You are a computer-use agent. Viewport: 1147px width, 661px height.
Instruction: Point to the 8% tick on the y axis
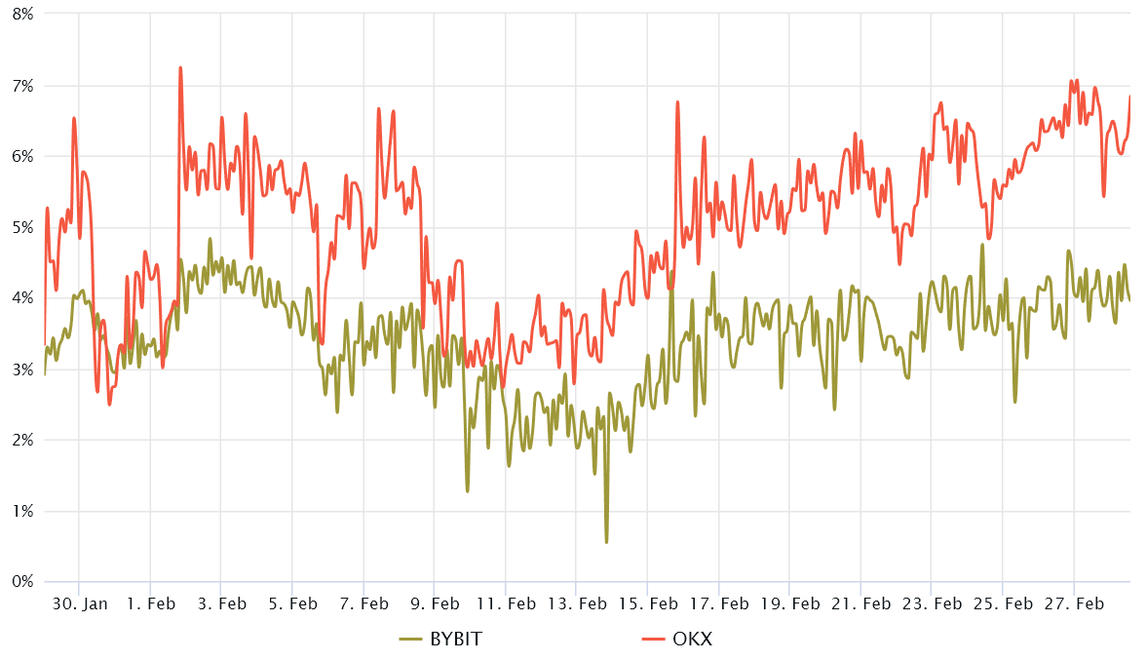tap(20, 15)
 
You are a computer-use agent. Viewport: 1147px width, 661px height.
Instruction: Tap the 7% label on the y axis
tap(20, 86)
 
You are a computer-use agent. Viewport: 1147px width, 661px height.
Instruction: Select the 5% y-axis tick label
tap(20, 227)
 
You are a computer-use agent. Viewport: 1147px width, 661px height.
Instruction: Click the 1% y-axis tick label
tap(20, 511)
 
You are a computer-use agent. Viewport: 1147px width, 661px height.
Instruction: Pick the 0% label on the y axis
tap(20, 582)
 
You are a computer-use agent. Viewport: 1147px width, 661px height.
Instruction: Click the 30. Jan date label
tap(79, 603)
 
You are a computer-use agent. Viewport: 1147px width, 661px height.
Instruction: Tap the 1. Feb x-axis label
tap(150, 603)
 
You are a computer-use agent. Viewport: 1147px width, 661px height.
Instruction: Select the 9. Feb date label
tap(435, 603)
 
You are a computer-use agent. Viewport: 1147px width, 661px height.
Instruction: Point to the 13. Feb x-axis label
tap(577, 603)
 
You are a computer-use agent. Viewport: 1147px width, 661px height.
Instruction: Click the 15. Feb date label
tap(648, 603)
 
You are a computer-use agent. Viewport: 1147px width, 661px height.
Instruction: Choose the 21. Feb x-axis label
tap(861, 603)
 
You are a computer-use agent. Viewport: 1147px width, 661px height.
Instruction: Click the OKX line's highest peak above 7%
tap(180, 67)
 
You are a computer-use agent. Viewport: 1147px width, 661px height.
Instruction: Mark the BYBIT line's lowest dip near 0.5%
tap(606, 542)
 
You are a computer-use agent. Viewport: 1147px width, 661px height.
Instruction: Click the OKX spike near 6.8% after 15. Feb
tap(677, 101)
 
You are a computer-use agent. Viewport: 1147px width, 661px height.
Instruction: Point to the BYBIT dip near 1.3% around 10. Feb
tap(468, 490)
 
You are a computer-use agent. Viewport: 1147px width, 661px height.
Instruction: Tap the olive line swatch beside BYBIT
tap(410, 640)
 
